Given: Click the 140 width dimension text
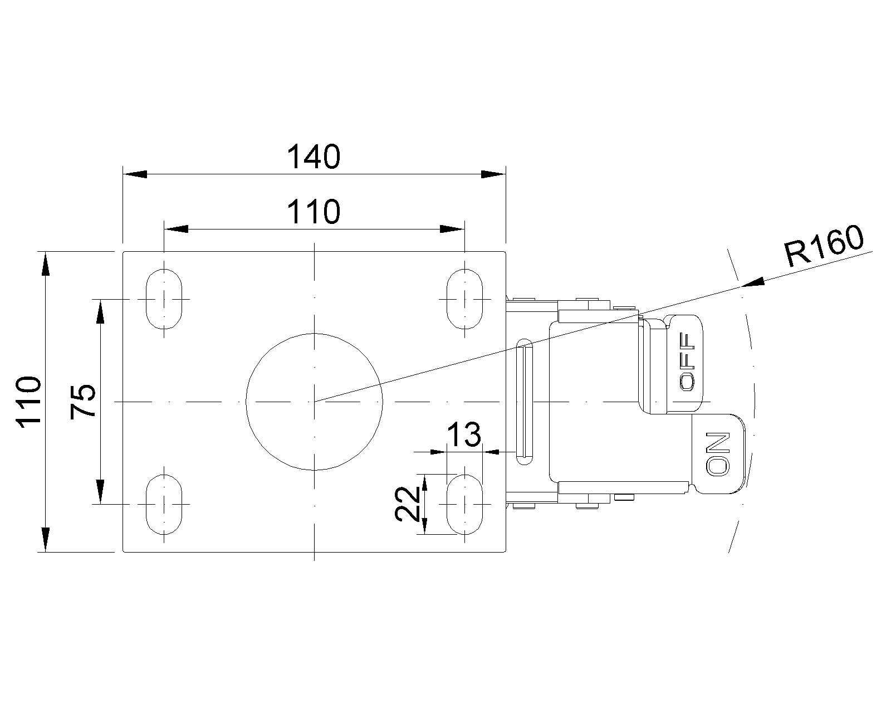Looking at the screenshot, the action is [314, 157].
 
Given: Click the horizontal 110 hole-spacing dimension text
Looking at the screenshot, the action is [314, 212].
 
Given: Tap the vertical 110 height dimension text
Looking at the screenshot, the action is [28, 400].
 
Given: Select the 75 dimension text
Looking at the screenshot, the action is [83, 402].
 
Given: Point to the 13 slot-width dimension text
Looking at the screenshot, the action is [464, 434].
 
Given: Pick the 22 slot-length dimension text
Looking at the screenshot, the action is [408, 504].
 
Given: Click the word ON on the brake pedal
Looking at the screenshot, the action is [717, 454].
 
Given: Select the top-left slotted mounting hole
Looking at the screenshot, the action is [164, 299].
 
